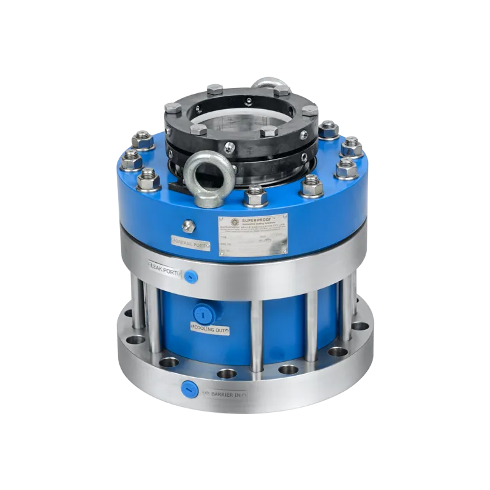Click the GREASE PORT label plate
point(190,242)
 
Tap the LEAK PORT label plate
point(164,271)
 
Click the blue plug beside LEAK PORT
point(190,276)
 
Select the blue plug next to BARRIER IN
point(189,389)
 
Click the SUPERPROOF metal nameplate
point(252,235)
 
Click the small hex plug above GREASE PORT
point(188,226)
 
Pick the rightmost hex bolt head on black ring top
point(309,110)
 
